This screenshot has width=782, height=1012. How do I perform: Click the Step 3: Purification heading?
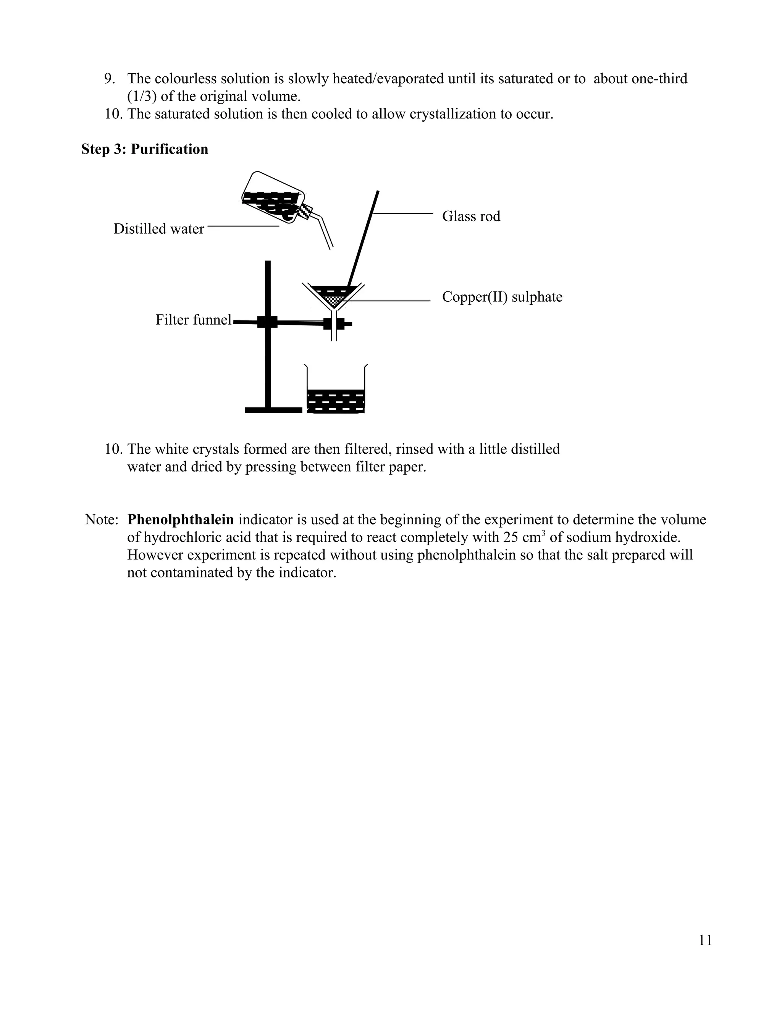pos(145,149)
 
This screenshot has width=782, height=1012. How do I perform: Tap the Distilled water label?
pos(158,229)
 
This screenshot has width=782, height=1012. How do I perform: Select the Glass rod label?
pos(471,217)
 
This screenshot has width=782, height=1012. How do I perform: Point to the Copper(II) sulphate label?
pos(502,297)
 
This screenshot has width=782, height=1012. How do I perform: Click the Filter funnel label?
pos(193,320)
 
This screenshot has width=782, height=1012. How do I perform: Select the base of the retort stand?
pos(273,410)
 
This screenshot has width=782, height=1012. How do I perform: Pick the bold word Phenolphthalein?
pos(180,519)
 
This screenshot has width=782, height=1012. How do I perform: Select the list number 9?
pos(109,79)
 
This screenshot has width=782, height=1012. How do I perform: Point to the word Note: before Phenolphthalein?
pos(102,519)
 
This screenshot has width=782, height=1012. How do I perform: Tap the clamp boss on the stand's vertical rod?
pos(267,322)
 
